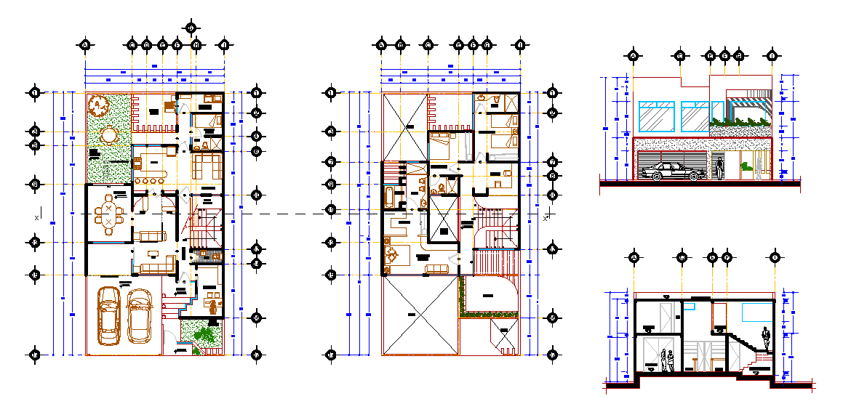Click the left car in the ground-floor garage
(109, 317)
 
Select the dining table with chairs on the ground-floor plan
(108, 214)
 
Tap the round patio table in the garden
(108, 135)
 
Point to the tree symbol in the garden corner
(98, 106)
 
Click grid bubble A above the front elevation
(634, 55)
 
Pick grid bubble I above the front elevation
(772, 55)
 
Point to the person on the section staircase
(765, 338)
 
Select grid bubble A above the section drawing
(634, 257)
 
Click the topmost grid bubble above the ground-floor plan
(191, 28)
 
